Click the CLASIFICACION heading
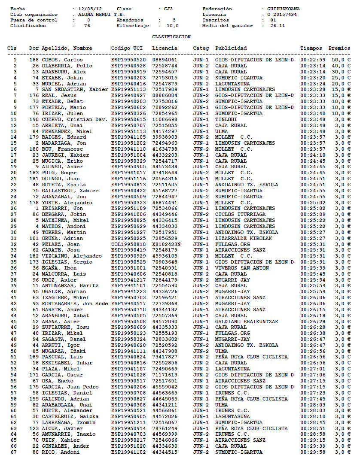pyautogui.click(x=171, y=37)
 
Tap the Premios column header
pyautogui.click(x=339, y=48)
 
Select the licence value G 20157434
pyautogui.click(x=281, y=14)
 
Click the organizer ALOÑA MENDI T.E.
pyautogui.click(x=96, y=14)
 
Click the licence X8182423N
pyautogui.click(x=166, y=244)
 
